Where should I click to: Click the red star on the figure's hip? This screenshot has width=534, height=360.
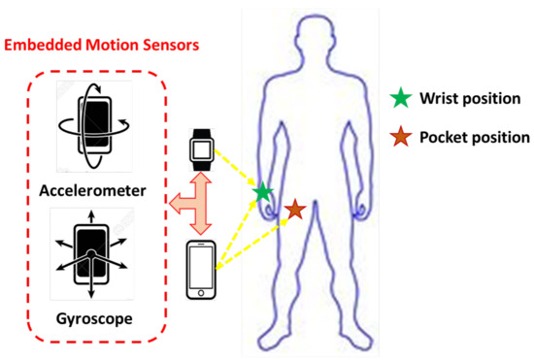click(295, 209)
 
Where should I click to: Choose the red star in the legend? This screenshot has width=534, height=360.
click(397, 137)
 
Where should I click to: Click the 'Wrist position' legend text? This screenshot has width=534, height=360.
click(465, 100)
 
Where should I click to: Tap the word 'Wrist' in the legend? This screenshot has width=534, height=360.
click(435, 100)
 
